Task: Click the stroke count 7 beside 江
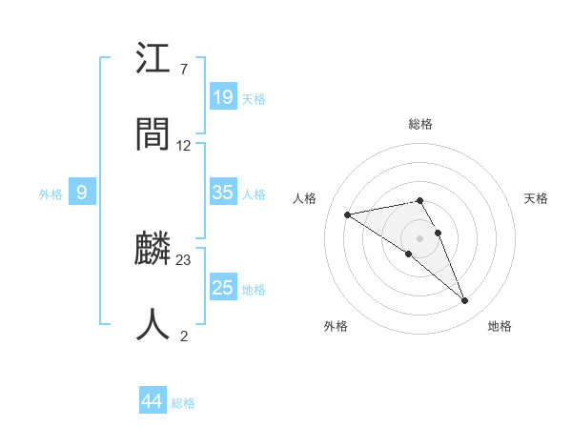pos(183,69)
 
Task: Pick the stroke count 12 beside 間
pos(184,145)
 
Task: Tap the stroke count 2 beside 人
pos(183,336)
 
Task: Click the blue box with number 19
pos(223,96)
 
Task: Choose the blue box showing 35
pos(223,193)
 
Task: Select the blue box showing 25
pos(223,288)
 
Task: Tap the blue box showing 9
pos(82,193)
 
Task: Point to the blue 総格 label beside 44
pos(183,403)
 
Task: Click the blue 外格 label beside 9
pos(51,194)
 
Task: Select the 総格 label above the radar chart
pos(420,124)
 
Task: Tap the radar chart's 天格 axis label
pos(536,198)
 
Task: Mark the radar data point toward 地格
pos(464,301)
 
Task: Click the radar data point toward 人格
pos(348,214)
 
